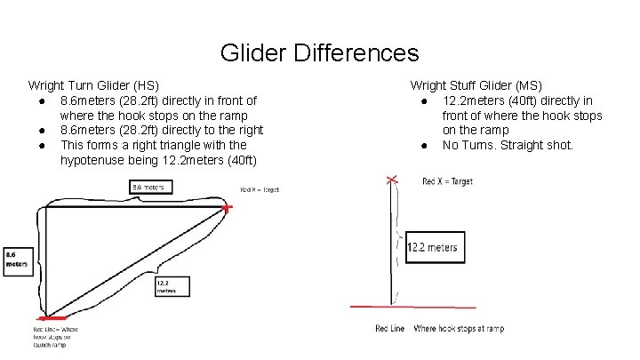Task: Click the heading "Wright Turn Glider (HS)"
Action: tap(93, 86)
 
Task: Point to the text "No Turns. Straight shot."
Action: tap(508, 145)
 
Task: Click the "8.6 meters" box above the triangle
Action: tap(151, 188)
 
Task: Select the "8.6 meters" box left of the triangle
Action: tap(17, 259)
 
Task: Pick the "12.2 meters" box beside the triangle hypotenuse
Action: tap(173, 286)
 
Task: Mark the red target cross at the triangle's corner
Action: tap(228, 208)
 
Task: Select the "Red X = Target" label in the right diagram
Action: tap(447, 181)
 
